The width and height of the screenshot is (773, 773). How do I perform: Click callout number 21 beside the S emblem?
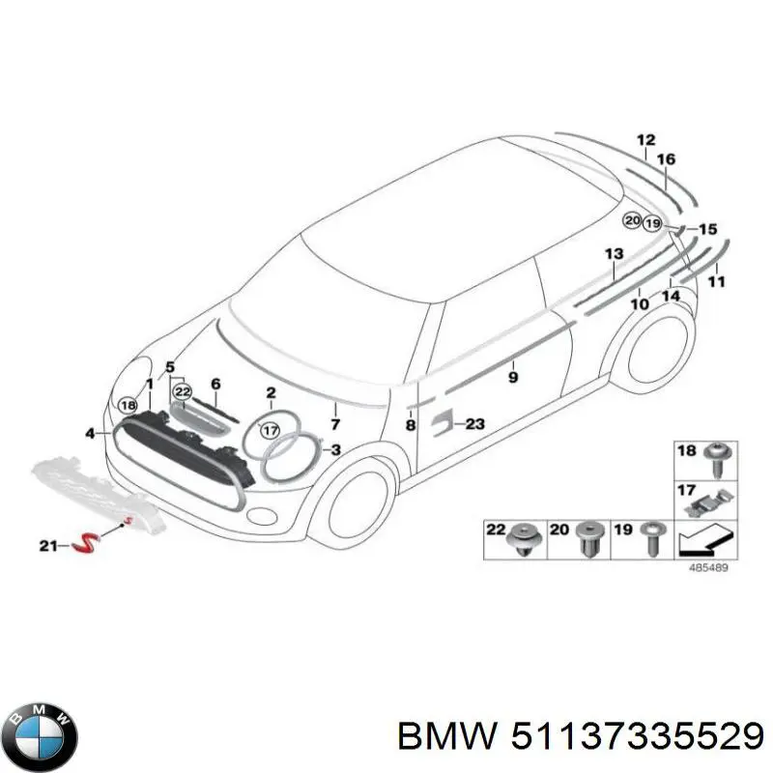(48, 546)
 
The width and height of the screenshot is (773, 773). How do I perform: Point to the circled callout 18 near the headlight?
(129, 405)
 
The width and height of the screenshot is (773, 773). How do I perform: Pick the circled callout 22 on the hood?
(183, 392)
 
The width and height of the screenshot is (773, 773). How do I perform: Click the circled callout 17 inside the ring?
(270, 430)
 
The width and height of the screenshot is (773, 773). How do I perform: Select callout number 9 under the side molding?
(513, 378)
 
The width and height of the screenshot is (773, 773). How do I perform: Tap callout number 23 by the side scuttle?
(475, 423)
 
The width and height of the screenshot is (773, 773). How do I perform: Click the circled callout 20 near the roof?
(633, 220)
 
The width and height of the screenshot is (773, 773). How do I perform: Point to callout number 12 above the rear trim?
(645, 140)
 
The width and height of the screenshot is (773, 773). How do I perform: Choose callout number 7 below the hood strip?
(335, 424)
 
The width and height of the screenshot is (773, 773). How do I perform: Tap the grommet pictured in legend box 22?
(525, 539)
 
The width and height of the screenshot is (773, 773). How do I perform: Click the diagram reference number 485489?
(708, 567)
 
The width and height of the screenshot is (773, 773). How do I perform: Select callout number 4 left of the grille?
(90, 434)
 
